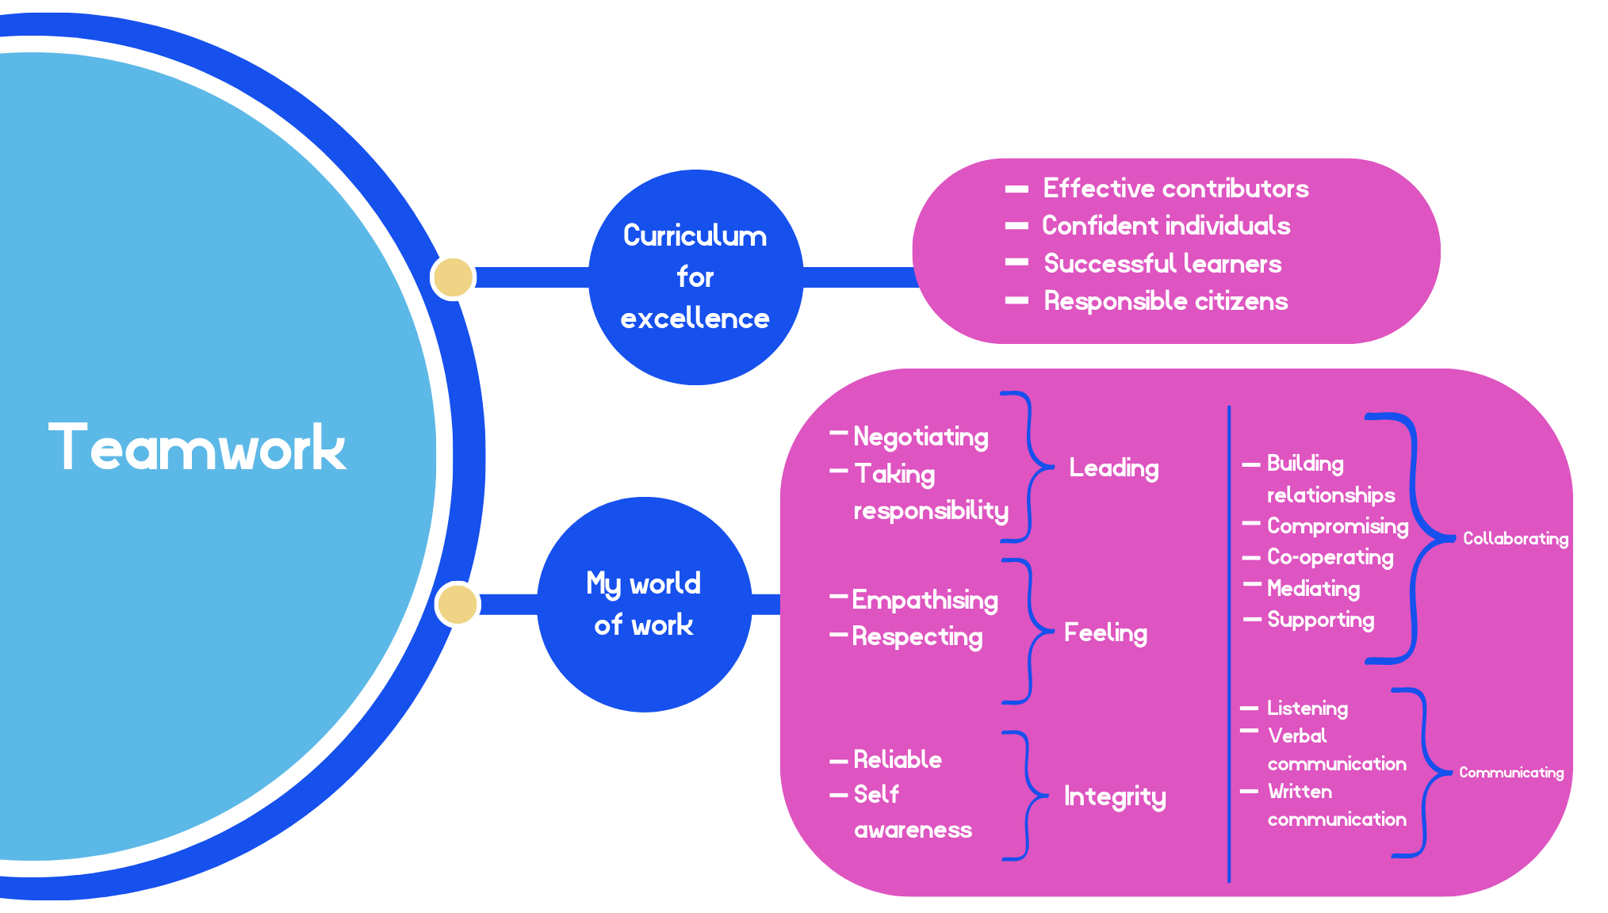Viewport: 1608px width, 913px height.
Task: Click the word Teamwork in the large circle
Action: [x=197, y=449]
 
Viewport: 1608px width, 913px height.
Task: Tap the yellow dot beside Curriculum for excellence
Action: [x=453, y=277]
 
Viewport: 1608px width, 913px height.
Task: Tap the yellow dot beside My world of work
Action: [x=458, y=604]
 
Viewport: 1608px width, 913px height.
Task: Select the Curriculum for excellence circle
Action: [x=695, y=277]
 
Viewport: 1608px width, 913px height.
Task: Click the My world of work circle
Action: [x=644, y=604]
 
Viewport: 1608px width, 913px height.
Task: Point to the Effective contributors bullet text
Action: [x=1175, y=189]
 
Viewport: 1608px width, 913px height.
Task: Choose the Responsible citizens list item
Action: [x=1165, y=301]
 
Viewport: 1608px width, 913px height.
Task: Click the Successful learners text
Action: [x=1162, y=264]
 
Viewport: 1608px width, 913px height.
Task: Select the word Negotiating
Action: [x=921, y=437]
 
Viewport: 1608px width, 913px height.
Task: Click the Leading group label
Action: [x=1113, y=468]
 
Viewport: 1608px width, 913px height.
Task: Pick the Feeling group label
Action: [x=1105, y=632]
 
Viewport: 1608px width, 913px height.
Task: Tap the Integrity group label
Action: [x=1114, y=796]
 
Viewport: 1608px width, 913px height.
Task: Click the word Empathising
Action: [x=925, y=600]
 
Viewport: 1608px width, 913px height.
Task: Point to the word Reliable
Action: [x=898, y=760]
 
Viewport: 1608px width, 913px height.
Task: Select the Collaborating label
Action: [x=1514, y=539]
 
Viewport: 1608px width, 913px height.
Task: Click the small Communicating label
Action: [x=1510, y=773]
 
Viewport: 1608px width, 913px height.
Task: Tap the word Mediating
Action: [x=1313, y=589]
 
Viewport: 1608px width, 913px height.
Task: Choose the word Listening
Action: [x=1307, y=709]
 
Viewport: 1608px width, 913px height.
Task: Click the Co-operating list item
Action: [x=1330, y=557]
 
